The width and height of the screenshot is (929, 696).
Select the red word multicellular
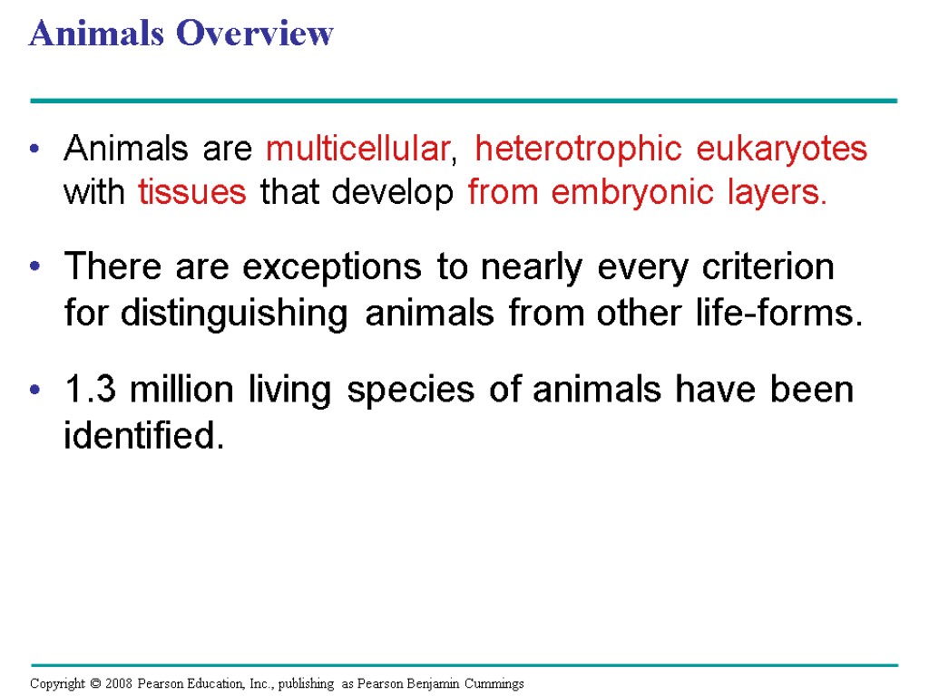[357, 150]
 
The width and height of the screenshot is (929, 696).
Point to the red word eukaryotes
[782, 150]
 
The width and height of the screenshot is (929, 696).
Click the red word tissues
[192, 193]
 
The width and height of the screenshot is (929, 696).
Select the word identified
[142, 437]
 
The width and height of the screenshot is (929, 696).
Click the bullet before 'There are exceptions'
[35, 268]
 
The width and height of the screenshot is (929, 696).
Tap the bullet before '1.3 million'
[35, 390]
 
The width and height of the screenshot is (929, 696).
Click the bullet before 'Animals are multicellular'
[35, 150]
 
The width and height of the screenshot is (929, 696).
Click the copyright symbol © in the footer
[91, 683]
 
